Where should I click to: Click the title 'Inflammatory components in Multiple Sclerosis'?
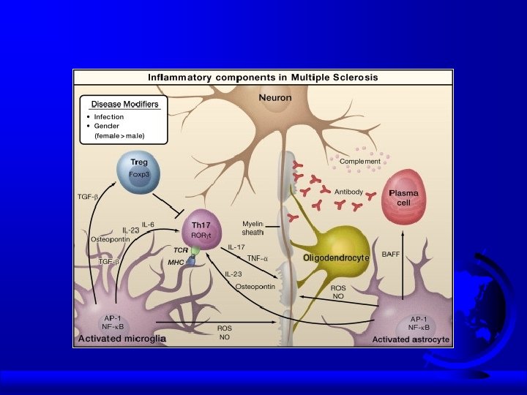click(x=263, y=77)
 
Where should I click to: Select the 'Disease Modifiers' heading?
click(x=124, y=104)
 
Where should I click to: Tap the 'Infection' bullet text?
click(x=109, y=117)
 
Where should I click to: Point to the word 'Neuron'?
click(x=274, y=97)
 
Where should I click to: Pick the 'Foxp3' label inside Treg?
click(x=139, y=174)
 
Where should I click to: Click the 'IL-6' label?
click(x=148, y=224)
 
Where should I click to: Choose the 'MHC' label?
click(x=176, y=261)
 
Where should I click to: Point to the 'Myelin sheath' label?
click(x=253, y=227)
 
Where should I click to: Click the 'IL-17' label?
click(x=236, y=247)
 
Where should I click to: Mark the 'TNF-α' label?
click(x=258, y=258)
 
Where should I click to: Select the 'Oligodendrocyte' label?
click(x=336, y=258)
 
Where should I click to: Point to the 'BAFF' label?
click(x=391, y=255)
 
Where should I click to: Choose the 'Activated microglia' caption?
click(x=122, y=338)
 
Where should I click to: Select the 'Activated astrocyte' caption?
click(x=411, y=339)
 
